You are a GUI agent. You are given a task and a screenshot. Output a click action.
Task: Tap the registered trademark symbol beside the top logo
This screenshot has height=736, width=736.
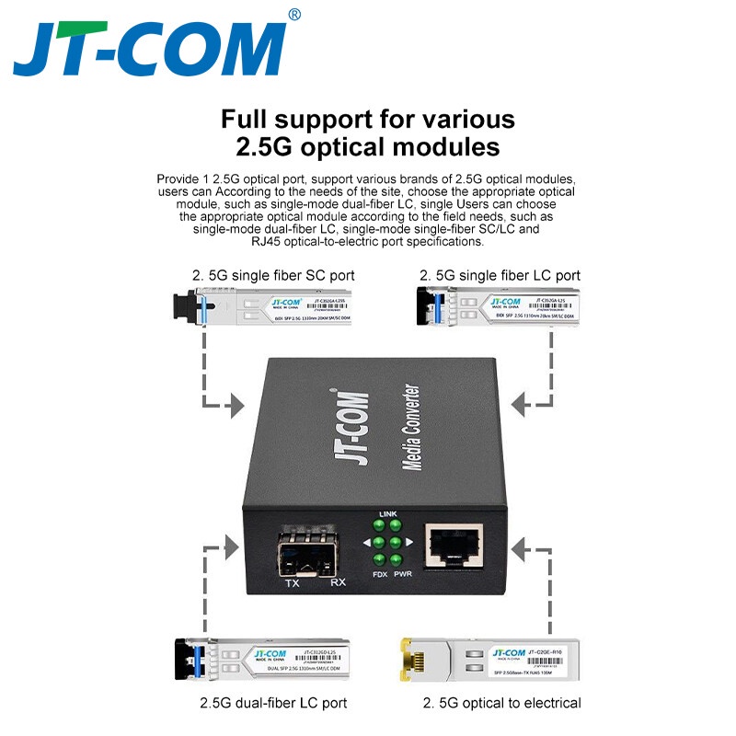pos(293,14)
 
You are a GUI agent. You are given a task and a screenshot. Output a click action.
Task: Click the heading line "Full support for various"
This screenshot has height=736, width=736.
pos(368,120)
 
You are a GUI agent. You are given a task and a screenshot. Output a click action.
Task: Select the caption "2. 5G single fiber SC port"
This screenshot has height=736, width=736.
pos(273,275)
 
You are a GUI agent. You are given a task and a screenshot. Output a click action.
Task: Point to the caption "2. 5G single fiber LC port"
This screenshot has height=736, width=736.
pos(500,275)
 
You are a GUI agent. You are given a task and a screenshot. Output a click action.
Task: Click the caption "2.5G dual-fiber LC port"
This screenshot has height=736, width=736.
pos(274,703)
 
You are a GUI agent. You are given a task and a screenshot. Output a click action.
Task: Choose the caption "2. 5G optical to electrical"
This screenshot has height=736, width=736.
pos(502,703)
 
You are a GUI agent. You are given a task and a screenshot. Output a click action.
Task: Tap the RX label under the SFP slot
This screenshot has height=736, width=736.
pos(337,583)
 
